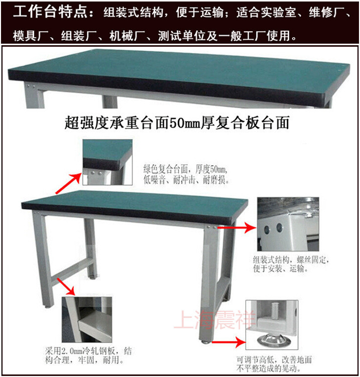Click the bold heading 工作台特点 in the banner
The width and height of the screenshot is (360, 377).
pyautogui.click(x=50, y=12)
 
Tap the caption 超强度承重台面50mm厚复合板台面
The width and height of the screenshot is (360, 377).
pyautogui.click(x=177, y=123)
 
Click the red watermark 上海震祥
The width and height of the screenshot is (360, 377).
pyautogui.click(x=214, y=320)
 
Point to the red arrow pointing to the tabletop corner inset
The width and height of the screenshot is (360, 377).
pyautogui.click(x=69, y=183)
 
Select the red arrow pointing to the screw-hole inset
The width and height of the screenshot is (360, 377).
pyautogui.click(x=237, y=227)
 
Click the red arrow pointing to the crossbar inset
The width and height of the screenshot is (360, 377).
pyautogui.click(x=66, y=286)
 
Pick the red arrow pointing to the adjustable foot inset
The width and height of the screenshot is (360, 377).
pyautogui.click(x=229, y=342)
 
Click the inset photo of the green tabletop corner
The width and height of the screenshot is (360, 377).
pyautogui.click(x=107, y=162)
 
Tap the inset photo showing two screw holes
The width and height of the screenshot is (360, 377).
pyautogui.click(x=288, y=224)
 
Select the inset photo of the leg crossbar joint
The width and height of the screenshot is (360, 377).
pyautogui.click(x=87, y=320)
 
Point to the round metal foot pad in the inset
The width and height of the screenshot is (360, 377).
pyautogui.click(x=272, y=339)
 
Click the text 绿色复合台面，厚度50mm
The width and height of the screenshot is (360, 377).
pyautogui.click(x=185, y=169)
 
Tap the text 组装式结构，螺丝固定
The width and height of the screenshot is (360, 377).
pyautogui.click(x=291, y=260)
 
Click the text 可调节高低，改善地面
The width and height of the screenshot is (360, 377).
pyautogui.click(x=274, y=360)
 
